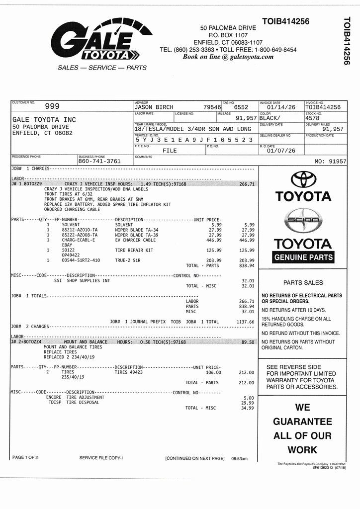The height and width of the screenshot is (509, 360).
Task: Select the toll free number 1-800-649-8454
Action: tap(275, 50)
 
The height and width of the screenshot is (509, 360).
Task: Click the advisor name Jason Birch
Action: tap(154, 107)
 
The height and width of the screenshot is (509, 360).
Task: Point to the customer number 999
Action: tap(52, 106)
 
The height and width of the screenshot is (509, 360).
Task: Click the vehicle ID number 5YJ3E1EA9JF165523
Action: tap(194, 140)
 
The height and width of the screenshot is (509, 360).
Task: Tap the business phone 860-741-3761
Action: tap(99, 162)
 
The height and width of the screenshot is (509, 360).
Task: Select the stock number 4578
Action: tap(312, 118)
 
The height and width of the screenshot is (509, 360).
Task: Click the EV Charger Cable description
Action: tap(135, 240)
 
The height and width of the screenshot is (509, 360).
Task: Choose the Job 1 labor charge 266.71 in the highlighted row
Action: tap(247, 184)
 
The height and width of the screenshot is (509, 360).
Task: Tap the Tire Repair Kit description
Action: tap(134, 250)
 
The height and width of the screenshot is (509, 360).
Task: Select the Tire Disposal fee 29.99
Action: tap(247, 403)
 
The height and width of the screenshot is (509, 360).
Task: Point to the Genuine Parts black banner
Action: tap(304, 257)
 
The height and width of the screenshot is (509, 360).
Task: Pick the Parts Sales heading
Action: tap(303, 283)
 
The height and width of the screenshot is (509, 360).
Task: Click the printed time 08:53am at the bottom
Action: tap(239, 458)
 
